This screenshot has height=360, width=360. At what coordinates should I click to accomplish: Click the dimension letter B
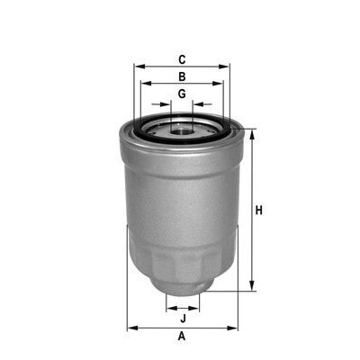coord(182,76)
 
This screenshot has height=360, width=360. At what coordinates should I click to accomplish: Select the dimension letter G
coord(182,94)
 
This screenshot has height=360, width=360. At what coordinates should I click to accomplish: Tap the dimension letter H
coord(258,211)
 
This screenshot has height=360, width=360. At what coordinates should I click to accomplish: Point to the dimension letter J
coord(182,319)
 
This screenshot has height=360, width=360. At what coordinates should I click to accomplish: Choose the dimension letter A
coord(182,337)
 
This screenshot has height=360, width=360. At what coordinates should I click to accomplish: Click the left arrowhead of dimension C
coord(137,67)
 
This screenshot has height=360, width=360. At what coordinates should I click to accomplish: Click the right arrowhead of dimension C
coord(227,67)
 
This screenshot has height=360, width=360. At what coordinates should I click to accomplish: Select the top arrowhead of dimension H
coord(250,133)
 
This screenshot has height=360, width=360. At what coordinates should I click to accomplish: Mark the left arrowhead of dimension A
coord(130,327)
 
